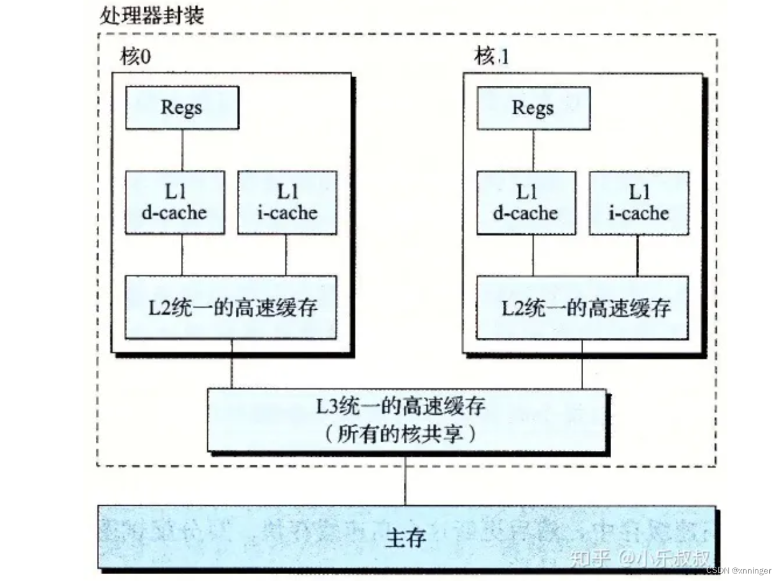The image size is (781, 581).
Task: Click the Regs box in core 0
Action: point(182,108)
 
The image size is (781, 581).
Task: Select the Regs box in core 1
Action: point(533,108)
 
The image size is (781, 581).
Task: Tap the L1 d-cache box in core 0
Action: point(175,203)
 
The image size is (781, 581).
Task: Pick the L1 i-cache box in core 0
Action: point(287,203)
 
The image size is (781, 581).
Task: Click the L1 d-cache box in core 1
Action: point(526,203)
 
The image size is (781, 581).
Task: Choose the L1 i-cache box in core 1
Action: point(638,203)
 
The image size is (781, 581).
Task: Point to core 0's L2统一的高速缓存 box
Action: point(231,307)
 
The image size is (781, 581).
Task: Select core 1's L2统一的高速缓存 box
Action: point(582,307)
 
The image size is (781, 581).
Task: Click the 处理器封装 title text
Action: point(151,15)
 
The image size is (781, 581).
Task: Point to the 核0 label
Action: point(136,57)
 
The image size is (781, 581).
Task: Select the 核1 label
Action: point(491,57)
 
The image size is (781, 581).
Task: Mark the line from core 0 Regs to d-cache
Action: point(182,150)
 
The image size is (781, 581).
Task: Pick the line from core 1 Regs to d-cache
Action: point(533,150)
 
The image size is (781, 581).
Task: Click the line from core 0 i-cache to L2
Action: point(286,254)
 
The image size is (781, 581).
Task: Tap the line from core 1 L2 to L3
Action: point(582,364)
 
